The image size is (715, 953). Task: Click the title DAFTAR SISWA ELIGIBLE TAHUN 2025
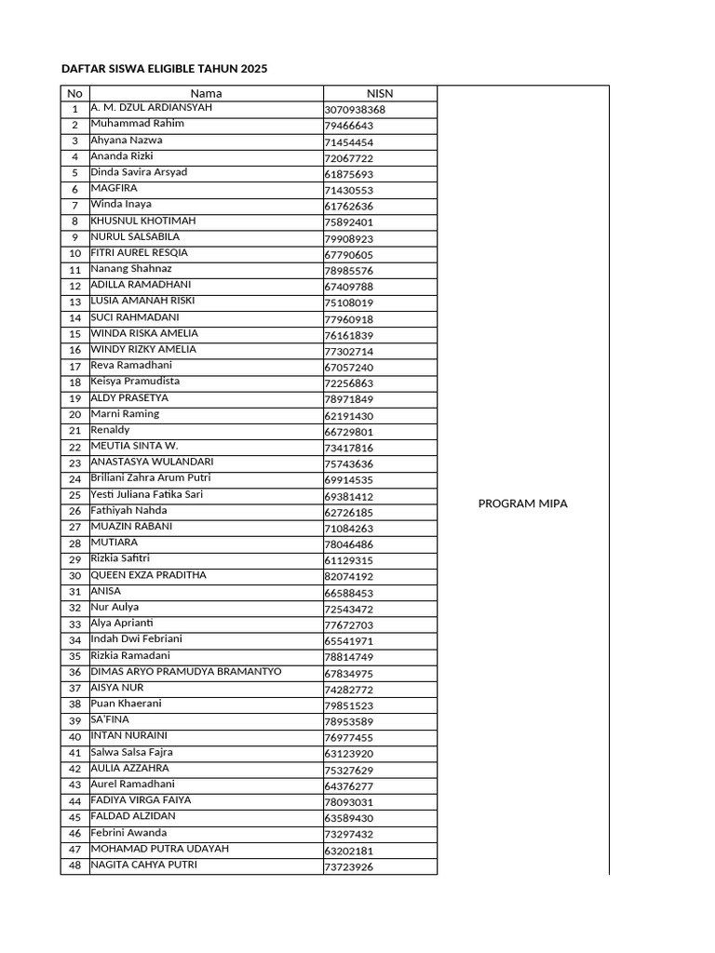click(165, 69)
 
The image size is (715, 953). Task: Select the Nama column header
click(206, 93)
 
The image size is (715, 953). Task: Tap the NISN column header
click(380, 93)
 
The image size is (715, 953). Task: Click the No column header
click(74, 93)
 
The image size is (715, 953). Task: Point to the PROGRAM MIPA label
click(522, 503)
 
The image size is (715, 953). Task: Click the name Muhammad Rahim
click(137, 124)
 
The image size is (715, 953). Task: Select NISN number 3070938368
click(354, 110)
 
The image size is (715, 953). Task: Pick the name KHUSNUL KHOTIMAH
click(142, 221)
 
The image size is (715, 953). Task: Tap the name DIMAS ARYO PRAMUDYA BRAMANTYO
click(185, 671)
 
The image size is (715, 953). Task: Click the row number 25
click(74, 495)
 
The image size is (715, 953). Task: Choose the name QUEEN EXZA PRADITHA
click(148, 575)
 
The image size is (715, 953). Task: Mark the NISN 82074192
click(348, 577)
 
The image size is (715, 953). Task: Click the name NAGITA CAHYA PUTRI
click(143, 865)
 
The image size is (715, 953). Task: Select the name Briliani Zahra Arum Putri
click(150, 478)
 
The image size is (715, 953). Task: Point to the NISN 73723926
click(348, 867)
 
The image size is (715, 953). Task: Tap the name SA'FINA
click(110, 719)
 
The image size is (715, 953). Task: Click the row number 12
click(74, 286)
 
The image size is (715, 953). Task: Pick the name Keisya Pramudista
click(135, 382)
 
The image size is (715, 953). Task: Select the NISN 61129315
click(348, 561)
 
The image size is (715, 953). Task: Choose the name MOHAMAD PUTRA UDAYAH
click(159, 849)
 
